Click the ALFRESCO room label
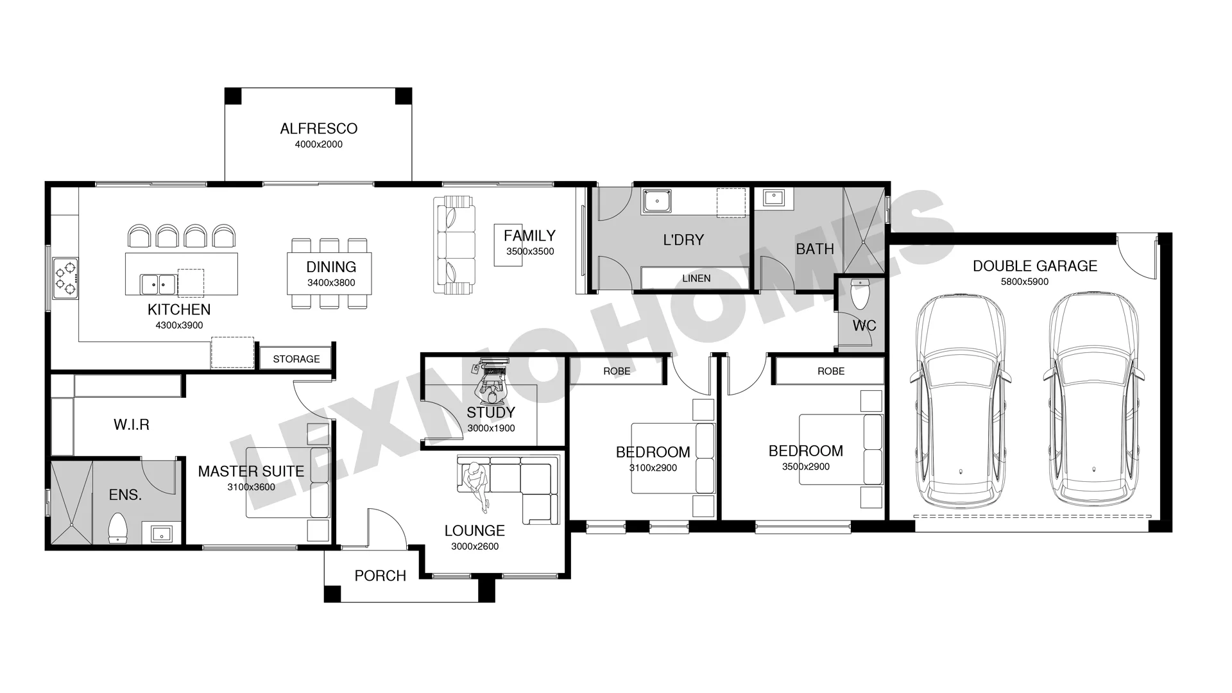pos(318,128)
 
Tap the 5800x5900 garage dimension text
pos(1025,282)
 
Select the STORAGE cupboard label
pos(296,359)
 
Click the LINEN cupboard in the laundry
pos(696,278)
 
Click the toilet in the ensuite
pos(117,528)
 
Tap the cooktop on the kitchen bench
pos(65,278)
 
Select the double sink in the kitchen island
pos(158,282)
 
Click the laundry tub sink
pos(656,201)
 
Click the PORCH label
pos(381,576)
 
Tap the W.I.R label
pos(132,425)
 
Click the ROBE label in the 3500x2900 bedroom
pos(831,372)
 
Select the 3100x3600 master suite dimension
pos(251,487)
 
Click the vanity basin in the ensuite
pos(161,533)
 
